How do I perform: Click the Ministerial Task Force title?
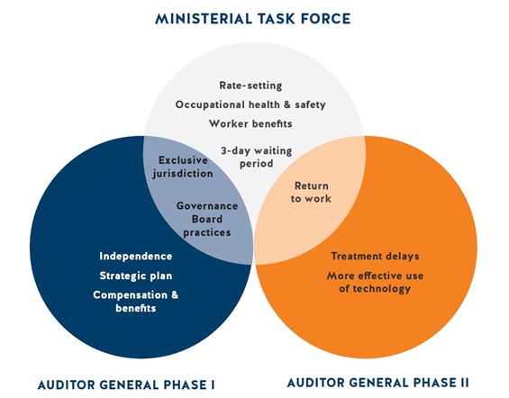pyautogui.click(x=253, y=19)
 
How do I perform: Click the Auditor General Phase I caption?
pyautogui.click(x=126, y=385)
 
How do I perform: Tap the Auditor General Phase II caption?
pyautogui.click(x=377, y=383)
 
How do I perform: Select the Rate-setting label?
pyautogui.click(x=250, y=86)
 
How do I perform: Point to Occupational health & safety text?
pyautogui.click(x=250, y=104)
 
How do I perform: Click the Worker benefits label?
pyautogui.click(x=250, y=123)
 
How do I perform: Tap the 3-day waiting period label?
pyautogui.click(x=257, y=158)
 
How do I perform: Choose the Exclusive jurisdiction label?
pyautogui.click(x=183, y=167)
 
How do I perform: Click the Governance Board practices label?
pyautogui.click(x=207, y=220)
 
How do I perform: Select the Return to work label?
pyautogui.click(x=311, y=192)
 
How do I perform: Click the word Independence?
pyautogui.click(x=136, y=257)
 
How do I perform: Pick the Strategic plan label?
pyautogui.click(x=136, y=276)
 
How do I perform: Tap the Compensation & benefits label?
pyautogui.click(x=136, y=302)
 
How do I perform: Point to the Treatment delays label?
pyautogui.click(x=376, y=257)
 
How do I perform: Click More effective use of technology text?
pyautogui.click(x=376, y=282)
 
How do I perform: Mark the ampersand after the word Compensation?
pyautogui.click(x=175, y=295)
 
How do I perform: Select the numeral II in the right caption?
pyautogui.click(x=465, y=383)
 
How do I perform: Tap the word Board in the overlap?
pyautogui.click(x=207, y=220)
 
